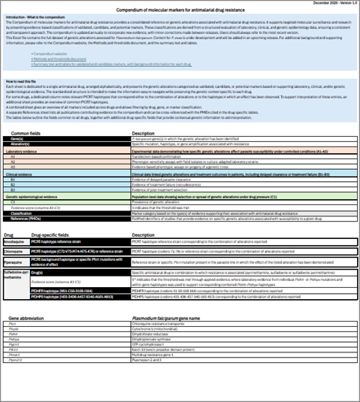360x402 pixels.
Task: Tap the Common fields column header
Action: click(26, 133)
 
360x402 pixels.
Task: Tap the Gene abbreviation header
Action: click(25, 318)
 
